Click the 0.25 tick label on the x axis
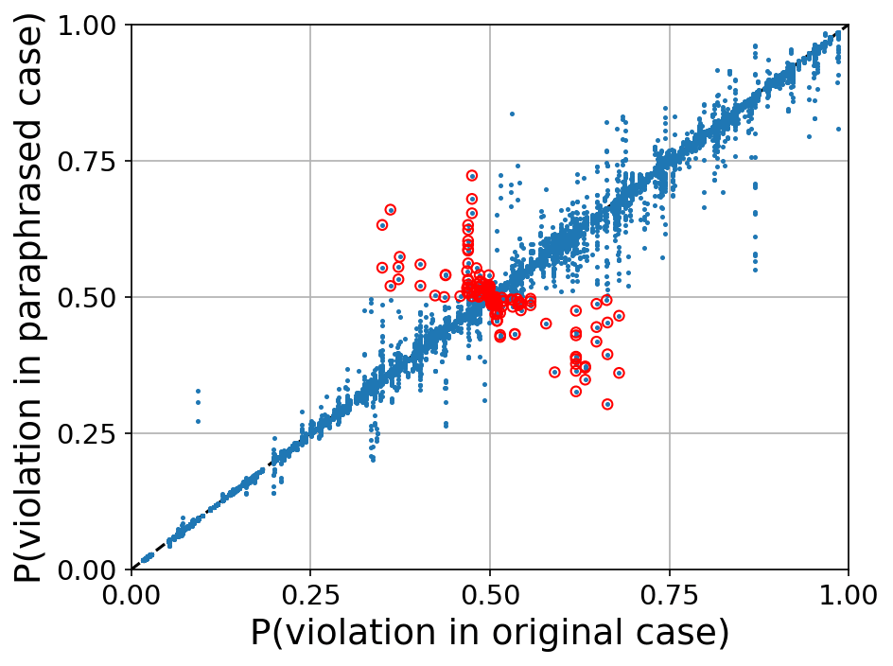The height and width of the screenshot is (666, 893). pos(309,598)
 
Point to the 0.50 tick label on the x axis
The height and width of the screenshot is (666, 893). pos(489,598)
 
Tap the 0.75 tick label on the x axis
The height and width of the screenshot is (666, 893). pos(669,598)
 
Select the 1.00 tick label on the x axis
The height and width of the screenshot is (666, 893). pos(848,598)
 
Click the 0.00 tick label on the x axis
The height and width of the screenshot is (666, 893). pos(131,598)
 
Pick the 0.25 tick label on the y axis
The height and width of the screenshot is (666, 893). pos(91,433)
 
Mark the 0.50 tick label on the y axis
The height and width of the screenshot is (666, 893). pos(91,297)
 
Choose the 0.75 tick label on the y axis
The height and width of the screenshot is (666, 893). pos(91,161)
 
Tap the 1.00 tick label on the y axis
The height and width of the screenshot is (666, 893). pos(91,26)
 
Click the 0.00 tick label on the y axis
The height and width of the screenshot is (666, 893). pos(91,570)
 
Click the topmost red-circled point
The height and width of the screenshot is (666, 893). pos(472,176)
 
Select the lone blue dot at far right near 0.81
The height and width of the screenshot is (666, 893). pos(838,129)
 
